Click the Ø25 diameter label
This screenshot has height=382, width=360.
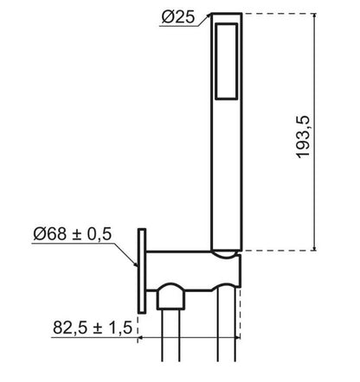(x=178, y=17)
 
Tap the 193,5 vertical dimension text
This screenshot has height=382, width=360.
(x=303, y=137)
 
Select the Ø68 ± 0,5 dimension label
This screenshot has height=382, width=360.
(x=72, y=233)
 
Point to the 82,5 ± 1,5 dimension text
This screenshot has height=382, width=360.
(x=93, y=328)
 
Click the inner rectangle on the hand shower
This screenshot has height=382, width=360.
(x=227, y=61)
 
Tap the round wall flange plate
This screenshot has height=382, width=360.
(x=142, y=271)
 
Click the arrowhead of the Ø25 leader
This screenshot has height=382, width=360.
(x=209, y=16)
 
